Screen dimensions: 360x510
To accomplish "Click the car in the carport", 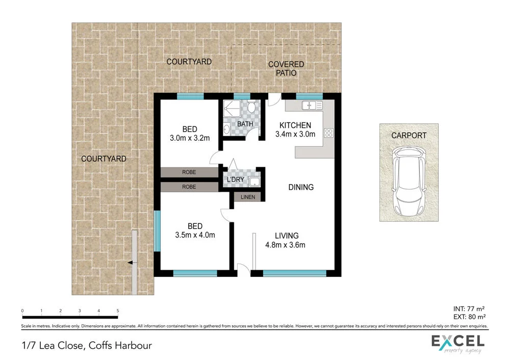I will click(x=408, y=182).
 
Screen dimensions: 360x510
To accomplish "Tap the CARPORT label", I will click(x=409, y=136).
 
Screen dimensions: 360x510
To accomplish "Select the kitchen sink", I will click(x=311, y=106).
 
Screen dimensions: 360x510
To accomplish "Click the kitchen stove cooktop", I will click(x=329, y=134).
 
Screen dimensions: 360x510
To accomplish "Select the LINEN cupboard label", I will click(x=247, y=196).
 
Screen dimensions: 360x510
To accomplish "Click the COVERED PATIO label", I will click(x=286, y=69).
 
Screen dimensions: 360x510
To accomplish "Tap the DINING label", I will click(x=301, y=187).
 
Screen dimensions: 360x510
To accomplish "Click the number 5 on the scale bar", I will click(x=118, y=311).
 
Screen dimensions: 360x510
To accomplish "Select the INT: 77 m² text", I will click(x=468, y=308).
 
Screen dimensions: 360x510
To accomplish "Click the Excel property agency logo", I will click(x=457, y=343).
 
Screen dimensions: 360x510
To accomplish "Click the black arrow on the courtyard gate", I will click(x=131, y=263).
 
